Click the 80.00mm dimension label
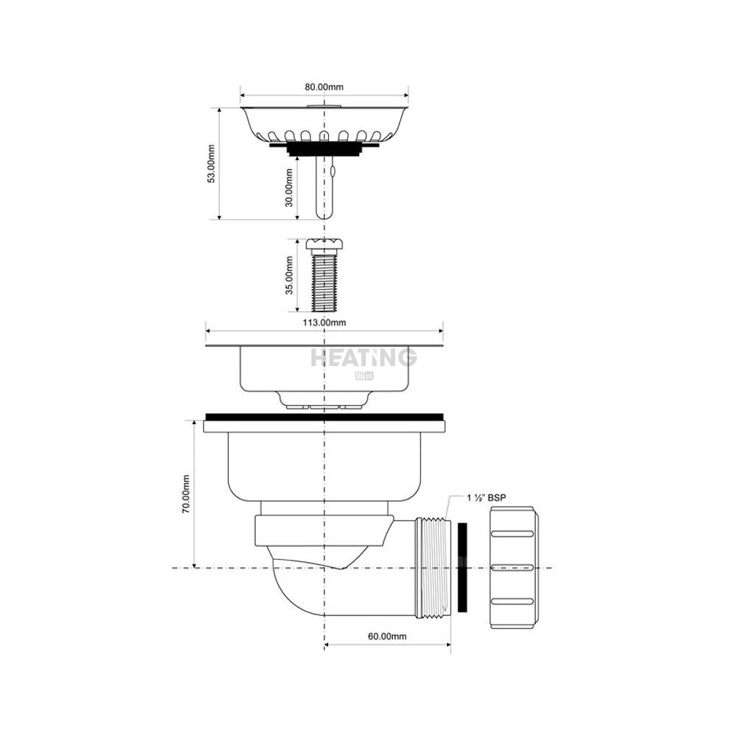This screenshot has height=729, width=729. tap(324, 87)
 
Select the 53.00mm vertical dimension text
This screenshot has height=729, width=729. tap(211, 163)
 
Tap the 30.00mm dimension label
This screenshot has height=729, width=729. tap(289, 187)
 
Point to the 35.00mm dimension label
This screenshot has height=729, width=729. tap(289, 276)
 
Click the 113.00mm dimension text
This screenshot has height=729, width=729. tap(324, 323)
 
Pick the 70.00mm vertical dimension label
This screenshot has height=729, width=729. tap(186, 494)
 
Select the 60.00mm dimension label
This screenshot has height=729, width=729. tap(387, 636)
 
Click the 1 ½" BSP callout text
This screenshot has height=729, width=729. tap(486, 498)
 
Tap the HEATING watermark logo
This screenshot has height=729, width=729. tap(364, 359)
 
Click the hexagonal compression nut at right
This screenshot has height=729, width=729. tap(514, 568)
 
